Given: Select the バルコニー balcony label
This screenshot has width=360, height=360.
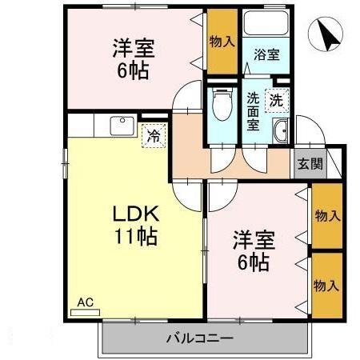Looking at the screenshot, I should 199,338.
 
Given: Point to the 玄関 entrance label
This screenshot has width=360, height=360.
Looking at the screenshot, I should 311,165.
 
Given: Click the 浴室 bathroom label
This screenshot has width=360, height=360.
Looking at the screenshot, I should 266,55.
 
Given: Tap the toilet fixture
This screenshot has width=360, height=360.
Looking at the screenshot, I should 222,105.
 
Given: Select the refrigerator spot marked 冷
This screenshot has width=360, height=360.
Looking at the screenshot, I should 153,136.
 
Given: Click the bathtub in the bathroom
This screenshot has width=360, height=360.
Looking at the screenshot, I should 266,26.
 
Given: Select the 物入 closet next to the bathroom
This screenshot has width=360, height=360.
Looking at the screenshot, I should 222,42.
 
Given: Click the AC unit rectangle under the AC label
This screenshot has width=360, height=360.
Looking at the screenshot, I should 85,312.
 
